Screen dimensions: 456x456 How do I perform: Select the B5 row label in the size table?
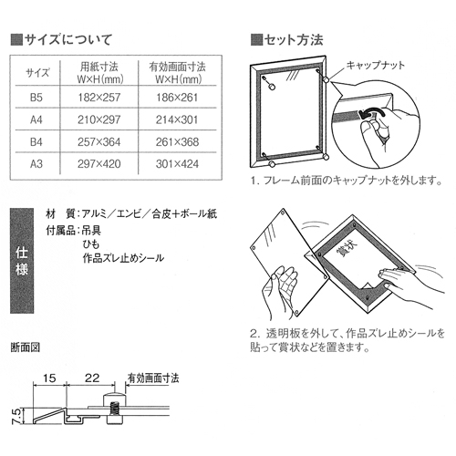36,98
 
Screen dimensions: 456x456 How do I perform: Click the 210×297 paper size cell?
99,119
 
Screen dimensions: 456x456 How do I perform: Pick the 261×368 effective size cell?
177,142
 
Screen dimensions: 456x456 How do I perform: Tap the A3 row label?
36,164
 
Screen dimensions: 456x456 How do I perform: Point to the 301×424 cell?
177,164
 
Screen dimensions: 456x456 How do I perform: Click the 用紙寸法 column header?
99,67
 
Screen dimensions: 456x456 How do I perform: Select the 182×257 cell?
99,98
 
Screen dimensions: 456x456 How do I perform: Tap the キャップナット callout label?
376,65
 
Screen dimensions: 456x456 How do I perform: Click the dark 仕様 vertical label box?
22,261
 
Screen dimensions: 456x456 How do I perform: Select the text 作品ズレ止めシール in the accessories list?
123,258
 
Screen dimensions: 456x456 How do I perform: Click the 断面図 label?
26,347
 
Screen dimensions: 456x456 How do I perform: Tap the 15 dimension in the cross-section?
49,378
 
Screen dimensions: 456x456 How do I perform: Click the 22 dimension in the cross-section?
92,378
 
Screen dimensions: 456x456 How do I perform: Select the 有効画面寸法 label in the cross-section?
153,378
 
